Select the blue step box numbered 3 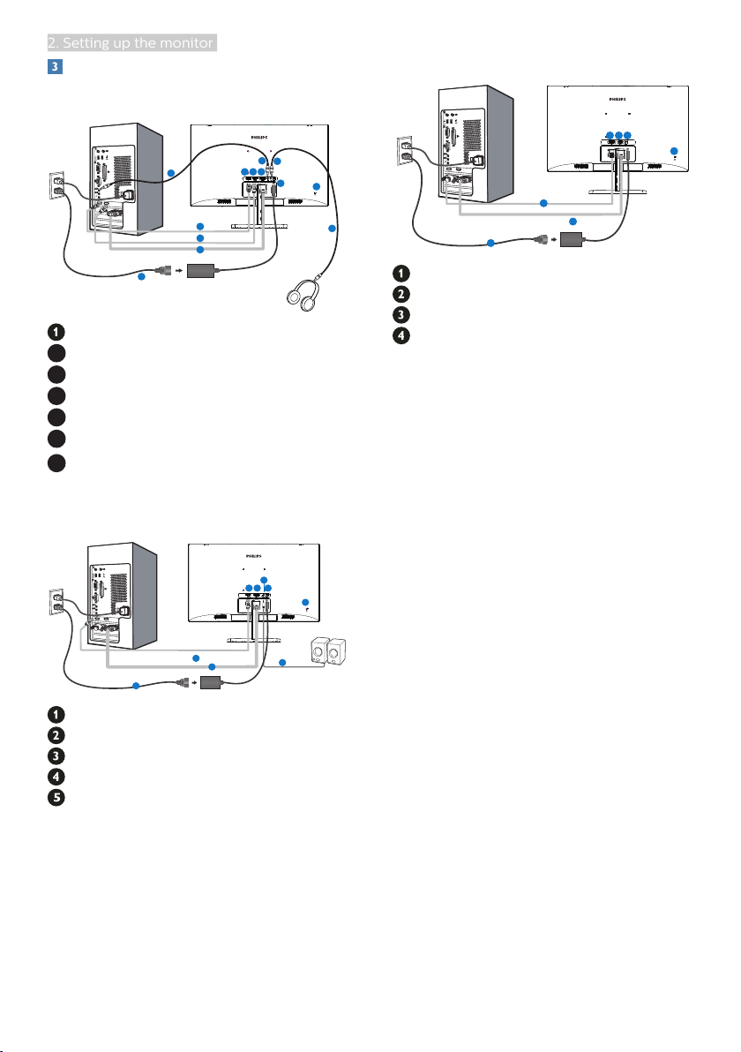pyautogui.click(x=52, y=66)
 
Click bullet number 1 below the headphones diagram pyautogui.click(x=55, y=333)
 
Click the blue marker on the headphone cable pyautogui.click(x=332, y=229)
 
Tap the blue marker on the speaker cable pyautogui.click(x=282, y=662)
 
